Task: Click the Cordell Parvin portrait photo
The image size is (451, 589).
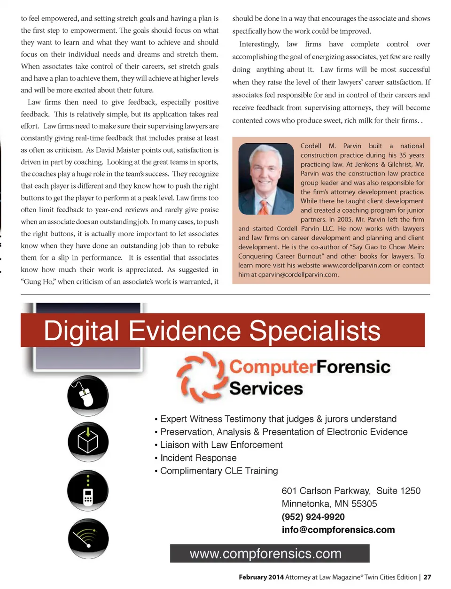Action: (266, 179)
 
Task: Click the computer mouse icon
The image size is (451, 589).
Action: (88, 395)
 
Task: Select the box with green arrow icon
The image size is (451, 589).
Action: (88, 442)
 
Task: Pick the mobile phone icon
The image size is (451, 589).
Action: (88, 491)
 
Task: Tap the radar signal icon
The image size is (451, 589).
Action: (88, 539)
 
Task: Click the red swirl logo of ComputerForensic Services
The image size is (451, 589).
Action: (200, 377)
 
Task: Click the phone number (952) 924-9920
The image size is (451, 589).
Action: (313, 517)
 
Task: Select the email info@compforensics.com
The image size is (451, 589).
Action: (338, 530)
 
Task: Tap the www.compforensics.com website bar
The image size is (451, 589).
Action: (270, 553)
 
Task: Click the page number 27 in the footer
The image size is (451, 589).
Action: (427, 577)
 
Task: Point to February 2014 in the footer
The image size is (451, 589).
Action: (261, 577)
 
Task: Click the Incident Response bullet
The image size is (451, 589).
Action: (198, 458)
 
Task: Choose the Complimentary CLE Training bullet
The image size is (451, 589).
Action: (219, 471)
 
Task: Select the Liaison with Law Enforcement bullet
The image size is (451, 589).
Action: (221, 445)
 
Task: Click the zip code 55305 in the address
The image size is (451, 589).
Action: (364, 504)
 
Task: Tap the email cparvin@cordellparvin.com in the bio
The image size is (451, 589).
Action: (292, 275)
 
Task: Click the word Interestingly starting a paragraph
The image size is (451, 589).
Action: (259, 44)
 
